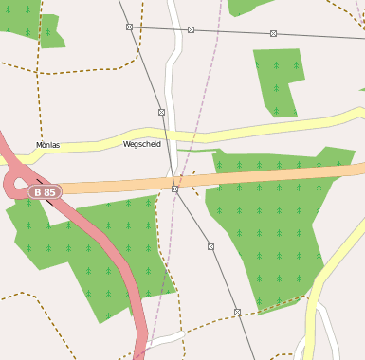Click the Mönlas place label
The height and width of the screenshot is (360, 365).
pyautogui.click(x=47, y=145)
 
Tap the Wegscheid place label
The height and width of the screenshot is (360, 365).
pyautogui.click(x=142, y=144)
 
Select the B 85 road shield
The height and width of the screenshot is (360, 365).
pyautogui.click(x=45, y=191)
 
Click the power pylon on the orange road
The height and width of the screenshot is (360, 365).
pyautogui.click(x=175, y=189)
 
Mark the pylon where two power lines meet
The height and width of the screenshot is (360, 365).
pyautogui.click(x=130, y=27)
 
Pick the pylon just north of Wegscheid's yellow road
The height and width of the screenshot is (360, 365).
pyautogui.click(x=162, y=112)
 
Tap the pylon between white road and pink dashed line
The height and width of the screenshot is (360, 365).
pyautogui.click(x=192, y=30)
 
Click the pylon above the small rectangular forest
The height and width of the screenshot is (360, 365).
pyautogui.click(x=273, y=33)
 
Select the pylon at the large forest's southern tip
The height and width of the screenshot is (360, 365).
pyautogui.click(x=237, y=311)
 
